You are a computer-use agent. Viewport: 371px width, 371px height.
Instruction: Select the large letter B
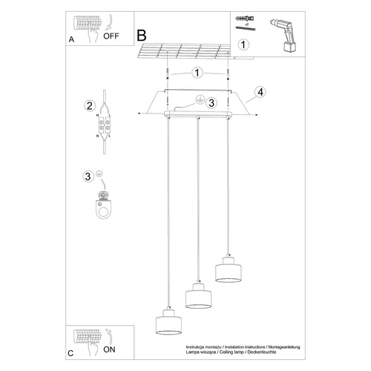[142, 35]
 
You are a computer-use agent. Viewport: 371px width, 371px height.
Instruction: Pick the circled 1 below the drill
[243, 44]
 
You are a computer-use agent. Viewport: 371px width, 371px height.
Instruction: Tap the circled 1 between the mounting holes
[197, 73]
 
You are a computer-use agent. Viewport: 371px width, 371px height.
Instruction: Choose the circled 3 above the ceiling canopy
[211, 102]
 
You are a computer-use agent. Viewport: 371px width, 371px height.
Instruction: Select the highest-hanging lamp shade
[227, 271]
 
